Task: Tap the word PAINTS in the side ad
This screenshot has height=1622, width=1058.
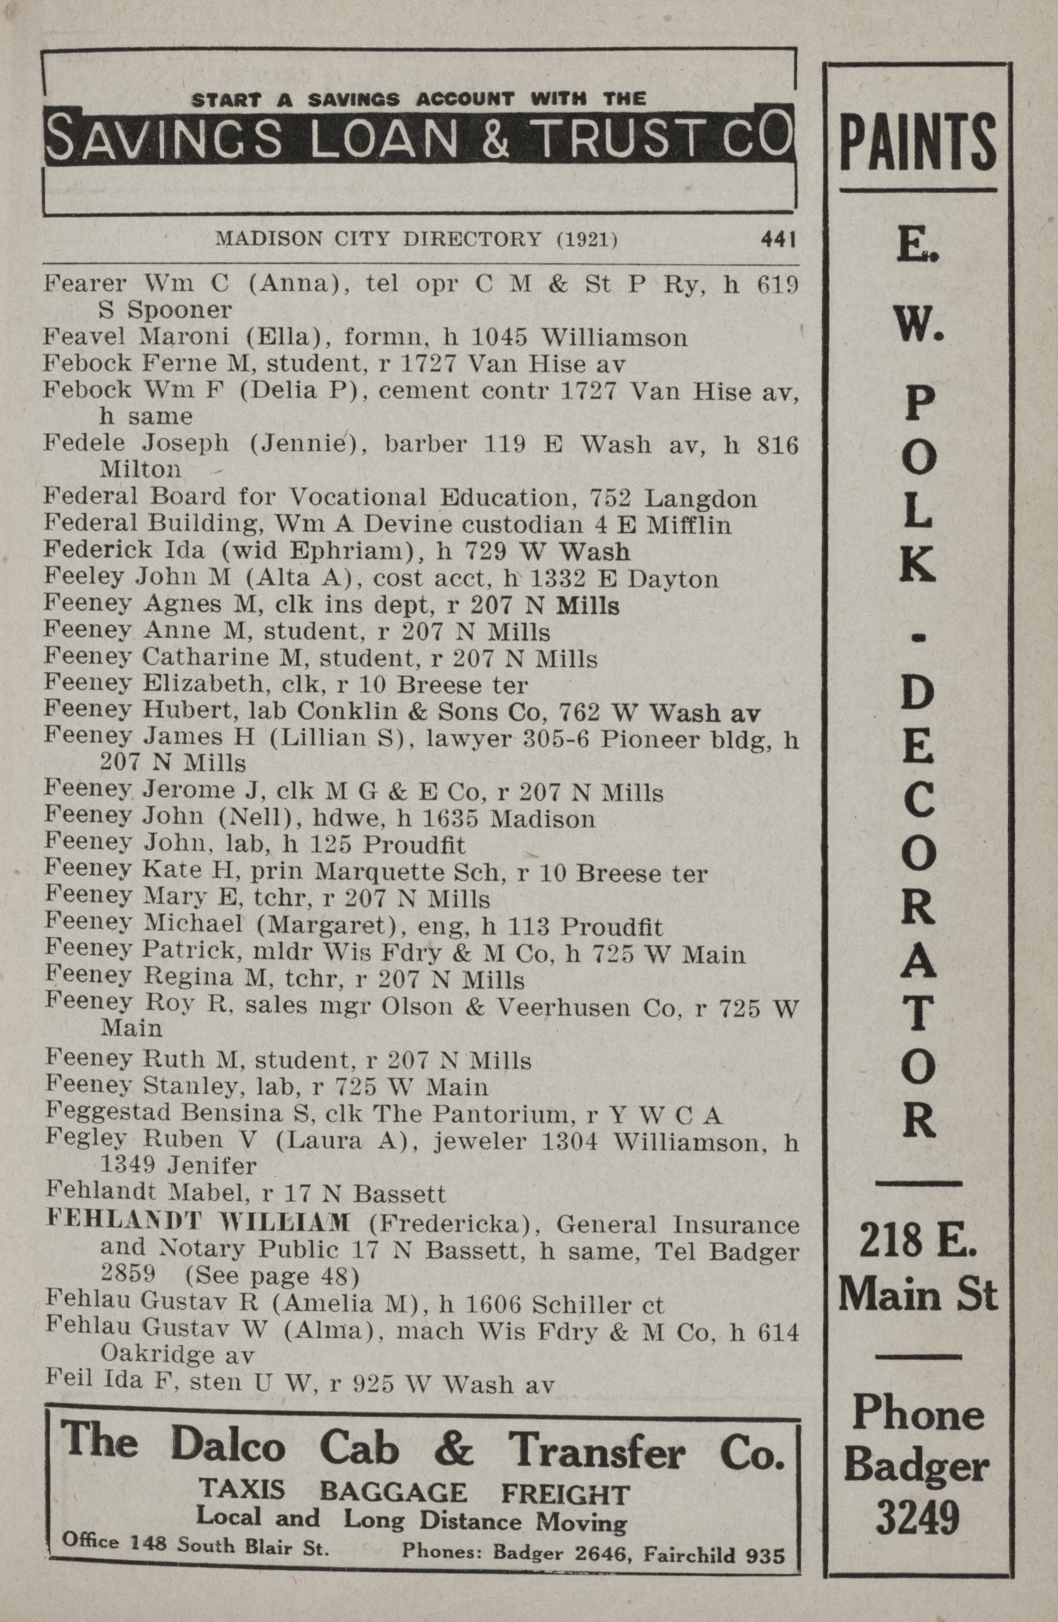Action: point(918,145)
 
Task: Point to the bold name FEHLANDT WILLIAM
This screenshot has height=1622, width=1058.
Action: point(198,1224)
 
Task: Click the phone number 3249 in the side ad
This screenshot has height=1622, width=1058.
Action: point(918,1517)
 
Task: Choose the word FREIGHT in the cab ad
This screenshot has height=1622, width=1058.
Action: point(564,1494)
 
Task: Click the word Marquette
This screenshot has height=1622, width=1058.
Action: point(368,873)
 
